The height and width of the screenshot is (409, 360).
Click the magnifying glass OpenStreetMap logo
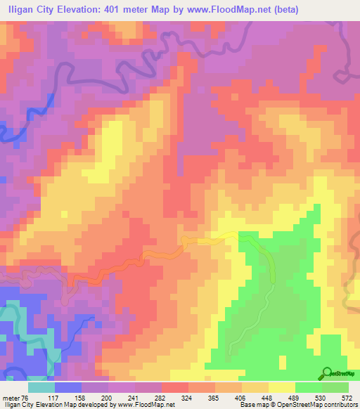pos(328,373)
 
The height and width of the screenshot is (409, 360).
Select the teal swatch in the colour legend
pos(41,387)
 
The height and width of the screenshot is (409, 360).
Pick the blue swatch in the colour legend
pos(68,387)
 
